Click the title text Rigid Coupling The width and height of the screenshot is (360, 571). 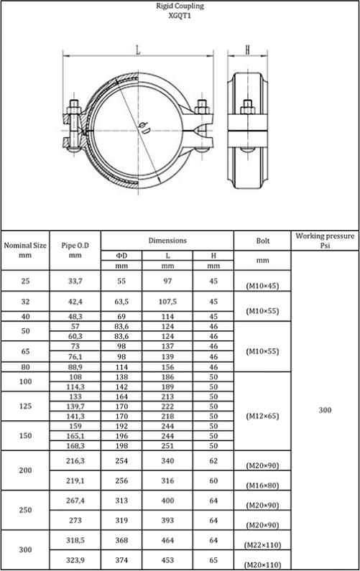[180, 6]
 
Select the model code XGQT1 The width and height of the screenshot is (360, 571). [180, 16]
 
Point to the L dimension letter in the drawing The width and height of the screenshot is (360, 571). [138, 50]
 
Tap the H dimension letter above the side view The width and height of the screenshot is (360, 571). [247, 50]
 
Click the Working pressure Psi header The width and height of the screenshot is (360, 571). [325, 241]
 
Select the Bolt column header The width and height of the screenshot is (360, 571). [263, 241]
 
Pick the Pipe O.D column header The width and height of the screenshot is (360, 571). [75, 250]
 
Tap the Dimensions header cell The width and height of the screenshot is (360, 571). [167, 241]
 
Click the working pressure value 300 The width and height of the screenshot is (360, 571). [325, 410]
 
